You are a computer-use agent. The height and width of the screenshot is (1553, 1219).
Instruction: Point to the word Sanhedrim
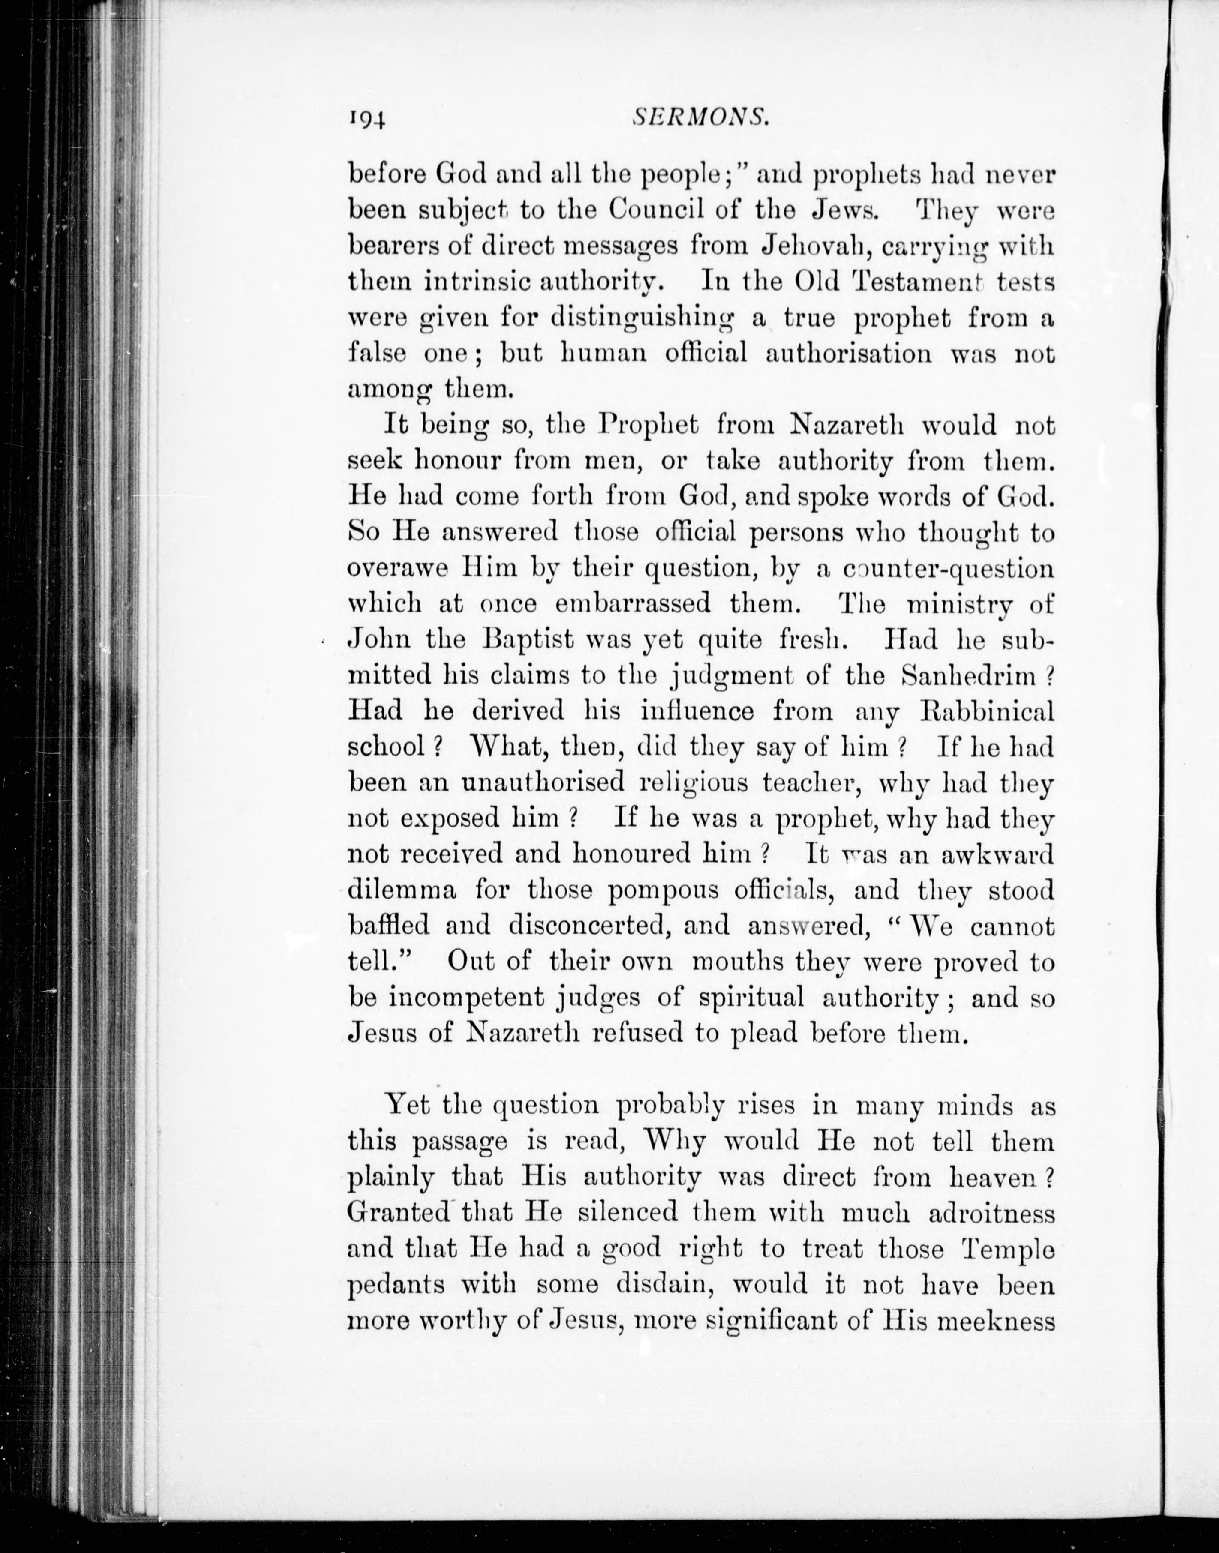pos(969,675)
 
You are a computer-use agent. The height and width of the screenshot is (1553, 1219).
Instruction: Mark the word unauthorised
pos(543,782)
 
